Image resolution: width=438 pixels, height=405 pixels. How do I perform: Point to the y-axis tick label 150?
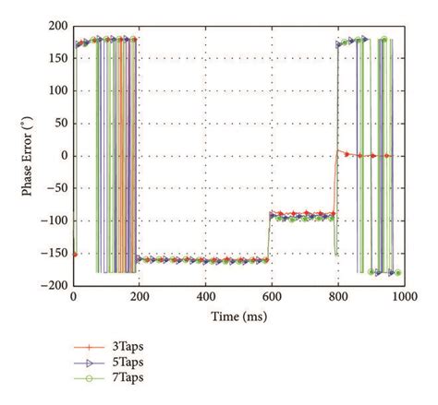click(x=57, y=58)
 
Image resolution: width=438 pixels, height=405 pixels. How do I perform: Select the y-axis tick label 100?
click(x=57, y=90)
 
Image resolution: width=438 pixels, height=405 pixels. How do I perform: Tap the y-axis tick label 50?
click(x=60, y=123)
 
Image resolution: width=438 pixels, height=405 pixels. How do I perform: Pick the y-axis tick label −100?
click(x=55, y=220)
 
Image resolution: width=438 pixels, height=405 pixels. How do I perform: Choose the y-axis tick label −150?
click(x=55, y=253)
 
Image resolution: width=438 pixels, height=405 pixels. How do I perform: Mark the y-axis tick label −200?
click(x=55, y=285)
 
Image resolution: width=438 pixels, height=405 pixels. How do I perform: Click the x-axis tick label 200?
click(x=140, y=297)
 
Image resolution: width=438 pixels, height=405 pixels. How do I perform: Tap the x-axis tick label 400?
click(x=206, y=297)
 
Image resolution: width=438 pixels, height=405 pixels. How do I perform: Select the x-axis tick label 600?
click(x=273, y=297)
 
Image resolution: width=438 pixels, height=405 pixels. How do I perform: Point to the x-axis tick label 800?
click(x=339, y=297)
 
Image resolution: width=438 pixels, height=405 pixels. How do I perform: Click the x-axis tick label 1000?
click(x=405, y=297)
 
